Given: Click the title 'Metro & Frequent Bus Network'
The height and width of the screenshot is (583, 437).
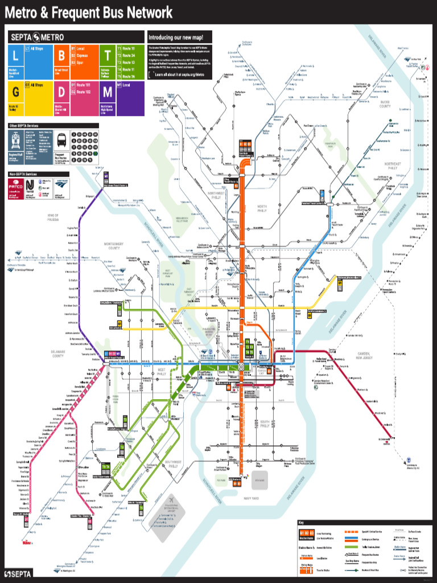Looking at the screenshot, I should point(89,12).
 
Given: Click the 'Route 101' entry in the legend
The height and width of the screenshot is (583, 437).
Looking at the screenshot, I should point(84,85).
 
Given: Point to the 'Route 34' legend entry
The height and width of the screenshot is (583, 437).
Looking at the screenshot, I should point(129,55).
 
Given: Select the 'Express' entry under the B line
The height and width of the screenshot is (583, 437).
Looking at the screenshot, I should point(83,55).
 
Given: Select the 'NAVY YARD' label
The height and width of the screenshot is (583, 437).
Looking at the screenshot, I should point(251,498).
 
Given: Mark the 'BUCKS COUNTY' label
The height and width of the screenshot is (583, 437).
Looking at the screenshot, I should point(385,105).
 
